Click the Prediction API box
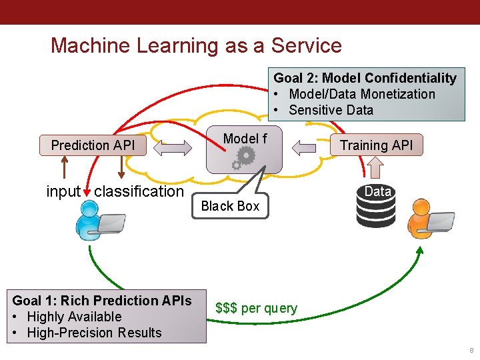[93, 145]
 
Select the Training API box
[376, 145]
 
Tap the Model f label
[245, 139]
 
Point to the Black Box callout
[230, 206]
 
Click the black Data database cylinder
[377, 207]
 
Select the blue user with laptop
[97, 221]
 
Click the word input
[63, 192]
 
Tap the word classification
[139, 192]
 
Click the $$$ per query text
[256, 308]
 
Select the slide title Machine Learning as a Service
[196, 45]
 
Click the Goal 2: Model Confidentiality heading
[365, 78]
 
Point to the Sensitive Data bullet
[331, 110]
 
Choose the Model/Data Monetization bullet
[361, 94]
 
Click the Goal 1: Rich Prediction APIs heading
[102, 301]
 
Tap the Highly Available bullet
[74, 317]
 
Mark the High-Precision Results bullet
[94, 333]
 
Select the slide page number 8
[471, 351]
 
